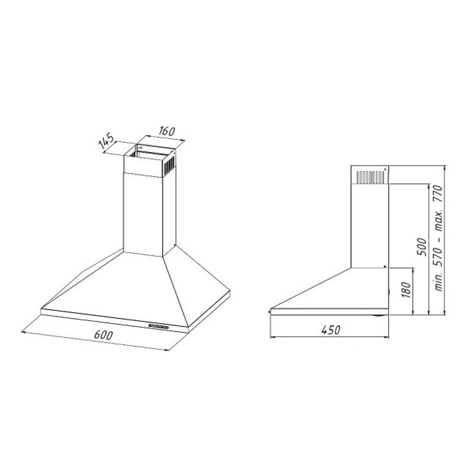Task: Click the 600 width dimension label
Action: coord(103,335)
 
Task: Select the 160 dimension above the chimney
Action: coord(166,131)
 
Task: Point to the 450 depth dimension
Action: coord(331,330)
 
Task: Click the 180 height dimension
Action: coord(406,290)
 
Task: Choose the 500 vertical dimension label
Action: coord(422,247)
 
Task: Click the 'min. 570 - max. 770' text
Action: coord(439,238)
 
